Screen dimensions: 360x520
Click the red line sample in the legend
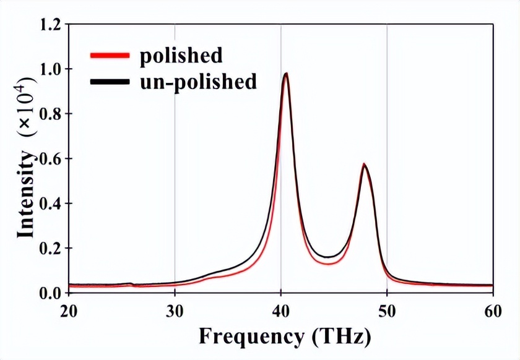pos(110,56)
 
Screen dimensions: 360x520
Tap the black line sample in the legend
pos(110,81)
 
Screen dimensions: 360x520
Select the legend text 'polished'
pos(181,56)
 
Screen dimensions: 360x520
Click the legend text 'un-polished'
pos(198,81)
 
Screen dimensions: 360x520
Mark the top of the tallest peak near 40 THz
pos(286,74)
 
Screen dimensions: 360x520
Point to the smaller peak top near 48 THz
pos(365,165)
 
